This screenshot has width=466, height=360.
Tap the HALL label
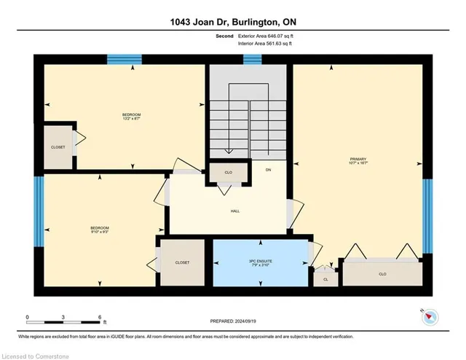(x=234, y=211)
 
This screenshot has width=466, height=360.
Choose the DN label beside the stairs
(x=267, y=170)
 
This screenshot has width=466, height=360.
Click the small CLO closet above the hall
(x=229, y=173)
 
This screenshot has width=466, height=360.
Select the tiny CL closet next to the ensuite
(x=325, y=278)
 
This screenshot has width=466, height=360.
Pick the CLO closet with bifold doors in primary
(x=382, y=274)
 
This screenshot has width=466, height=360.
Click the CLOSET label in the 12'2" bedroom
(x=58, y=147)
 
